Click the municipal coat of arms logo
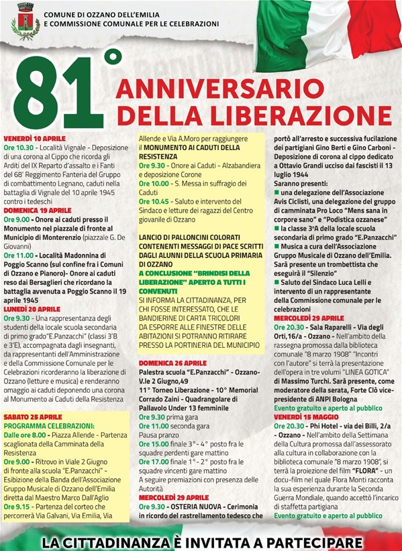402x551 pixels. tap(26, 21)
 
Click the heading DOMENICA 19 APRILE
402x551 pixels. tap(37, 210)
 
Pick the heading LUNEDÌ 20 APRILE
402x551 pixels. tap(32, 290)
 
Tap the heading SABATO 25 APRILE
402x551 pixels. tap(33, 416)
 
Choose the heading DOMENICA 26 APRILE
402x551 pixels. tap(172, 362)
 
